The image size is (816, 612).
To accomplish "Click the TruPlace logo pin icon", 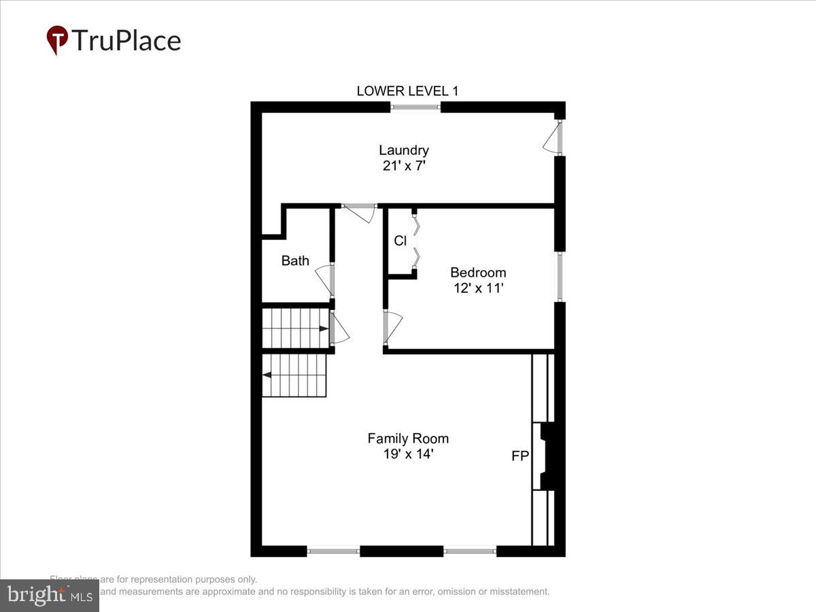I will pyautogui.click(x=57, y=39).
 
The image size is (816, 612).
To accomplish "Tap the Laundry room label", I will pyautogui.click(x=404, y=150).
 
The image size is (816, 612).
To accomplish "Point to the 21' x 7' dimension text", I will pyautogui.click(x=404, y=165).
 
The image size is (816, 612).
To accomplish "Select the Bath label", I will pyautogui.click(x=295, y=260).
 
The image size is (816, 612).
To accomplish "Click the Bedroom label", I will pyautogui.click(x=478, y=273).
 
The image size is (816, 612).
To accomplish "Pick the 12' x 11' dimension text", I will pyautogui.click(x=478, y=288).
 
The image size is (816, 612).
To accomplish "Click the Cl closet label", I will pyautogui.click(x=401, y=241).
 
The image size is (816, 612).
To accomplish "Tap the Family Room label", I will pyautogui.click(x=408, y=439).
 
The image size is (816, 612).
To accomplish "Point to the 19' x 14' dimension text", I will pyautogui.click(x=408, y=454).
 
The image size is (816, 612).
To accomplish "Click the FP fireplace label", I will pyautogui.click(x=520, y=456).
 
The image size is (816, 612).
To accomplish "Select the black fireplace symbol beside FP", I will pyautogui.click(x=549, y=456).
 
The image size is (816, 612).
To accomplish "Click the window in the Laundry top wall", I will pyautogui.click(x=415, y=107).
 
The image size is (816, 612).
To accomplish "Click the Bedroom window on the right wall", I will pyautogui.click(x=560, y=277).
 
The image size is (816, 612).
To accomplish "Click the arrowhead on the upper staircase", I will pyautogui.click(x=323, y=328).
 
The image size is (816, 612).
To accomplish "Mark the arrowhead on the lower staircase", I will pyautogui.click(x=267, y=375).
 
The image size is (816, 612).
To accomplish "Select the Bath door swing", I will pyautogui.click(x=324, y=279).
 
